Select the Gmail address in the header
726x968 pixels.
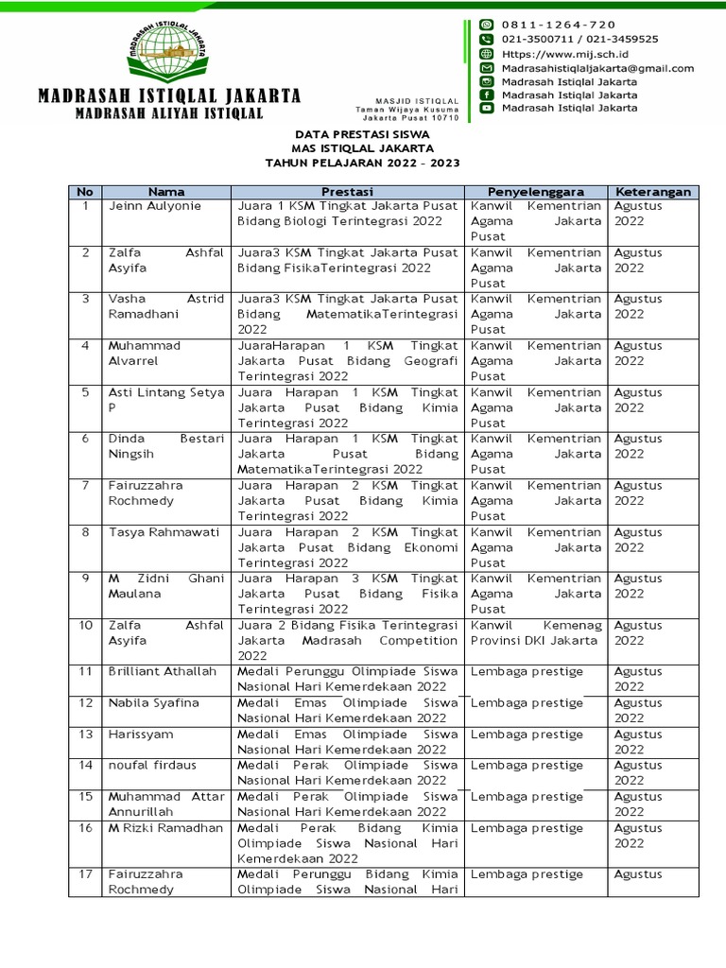pos(597,68)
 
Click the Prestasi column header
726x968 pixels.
pos(345,191)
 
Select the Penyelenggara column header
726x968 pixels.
pos(535,191)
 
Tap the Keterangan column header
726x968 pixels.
pos(652,191)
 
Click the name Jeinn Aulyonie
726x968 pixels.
pos(149,206)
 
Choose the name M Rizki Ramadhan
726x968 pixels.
pos(165,828)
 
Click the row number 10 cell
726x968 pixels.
pos(85,625)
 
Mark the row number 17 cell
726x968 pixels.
pos(85,874)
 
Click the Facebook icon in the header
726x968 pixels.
pos(487,95)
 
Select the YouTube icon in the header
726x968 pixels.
pos(487,108)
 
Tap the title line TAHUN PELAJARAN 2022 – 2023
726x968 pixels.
pos(362,163)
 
